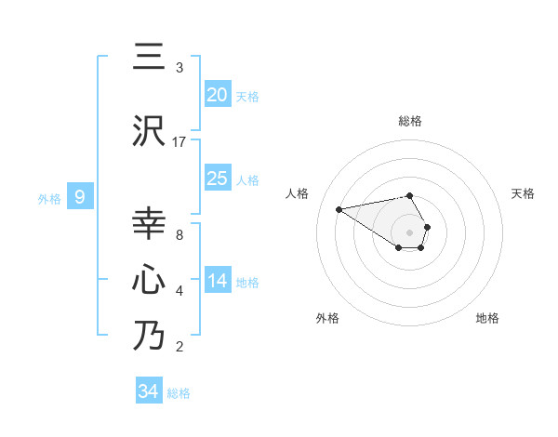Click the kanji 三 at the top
pyautogui.click(x=149, y=58)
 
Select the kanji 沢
pyautogui.click(x=149, y=131)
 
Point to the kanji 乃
pyautogui.click(x=149, y=335)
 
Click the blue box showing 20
pyautogui.click(x=218, y=95)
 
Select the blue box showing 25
pyautogui.click(x=218, y=179)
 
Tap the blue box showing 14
pyautogui.click(x=218, y=281)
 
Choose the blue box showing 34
pyautogui.click(x=149, y=391)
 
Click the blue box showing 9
pyautogui.click(x=81, y=197)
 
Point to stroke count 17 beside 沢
pyautogui.click(x=179, y=142)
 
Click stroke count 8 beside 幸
pyautogui.click(x=179, y=235)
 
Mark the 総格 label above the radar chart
pyautogui.click(x=410, y=121)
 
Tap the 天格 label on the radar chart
pyautogui.click(x=524, y=193)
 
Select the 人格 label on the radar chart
pyautogui.click(x=298, y=193)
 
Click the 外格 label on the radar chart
pyautogui.click(x=327, y=318)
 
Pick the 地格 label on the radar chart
pyautogui.click(x=487, y=318)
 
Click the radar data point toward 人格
pyautogui.click(x=339, y=208)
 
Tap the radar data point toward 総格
pyautogui.click(x=410, y=195)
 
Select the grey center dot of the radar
pyautogui.click(x=410, y=232)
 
